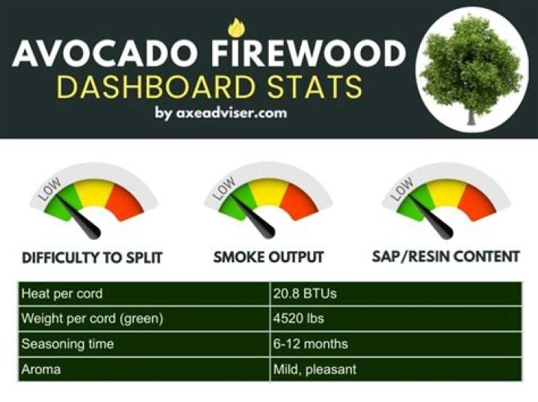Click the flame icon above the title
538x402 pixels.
coord(236,28)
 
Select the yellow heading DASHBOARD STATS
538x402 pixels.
coord(209,88)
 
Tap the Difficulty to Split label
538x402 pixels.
coord(92,259)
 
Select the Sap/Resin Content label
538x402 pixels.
coord(445,256)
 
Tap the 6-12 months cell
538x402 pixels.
coord(311,344)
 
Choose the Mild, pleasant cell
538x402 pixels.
coord(315,369)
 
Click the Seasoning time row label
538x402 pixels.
coord(68,344)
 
